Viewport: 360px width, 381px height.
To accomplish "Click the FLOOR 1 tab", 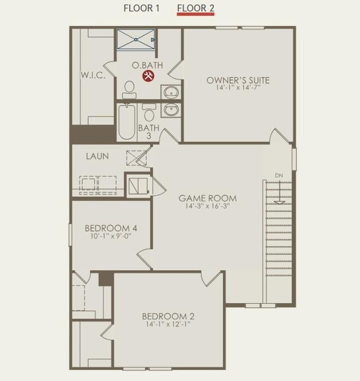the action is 141,8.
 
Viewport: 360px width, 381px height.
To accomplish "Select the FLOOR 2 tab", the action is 196,8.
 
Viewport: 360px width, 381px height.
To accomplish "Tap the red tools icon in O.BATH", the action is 148,76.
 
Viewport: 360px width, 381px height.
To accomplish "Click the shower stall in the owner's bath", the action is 135,39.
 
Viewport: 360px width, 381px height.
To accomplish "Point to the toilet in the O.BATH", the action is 129,89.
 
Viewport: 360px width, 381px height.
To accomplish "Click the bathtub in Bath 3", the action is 127,122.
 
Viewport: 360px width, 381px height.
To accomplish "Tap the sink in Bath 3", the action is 171,110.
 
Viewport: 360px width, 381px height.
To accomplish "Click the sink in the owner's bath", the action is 171,92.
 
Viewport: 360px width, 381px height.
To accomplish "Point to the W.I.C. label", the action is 93,75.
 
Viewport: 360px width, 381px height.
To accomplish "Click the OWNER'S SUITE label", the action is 238,80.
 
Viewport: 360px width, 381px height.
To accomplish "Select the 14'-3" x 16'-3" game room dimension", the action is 208,206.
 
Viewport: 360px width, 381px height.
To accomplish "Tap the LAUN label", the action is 97,156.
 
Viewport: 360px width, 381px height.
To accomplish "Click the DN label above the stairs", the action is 279,175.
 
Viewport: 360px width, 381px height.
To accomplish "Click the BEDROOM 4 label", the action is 111,228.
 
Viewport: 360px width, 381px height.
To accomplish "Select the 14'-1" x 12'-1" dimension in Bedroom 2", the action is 168,324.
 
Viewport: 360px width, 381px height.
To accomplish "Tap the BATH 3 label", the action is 149,132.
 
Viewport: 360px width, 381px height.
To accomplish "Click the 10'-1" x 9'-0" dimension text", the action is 111,236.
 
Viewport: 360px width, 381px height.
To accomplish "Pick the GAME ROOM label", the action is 208,198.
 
